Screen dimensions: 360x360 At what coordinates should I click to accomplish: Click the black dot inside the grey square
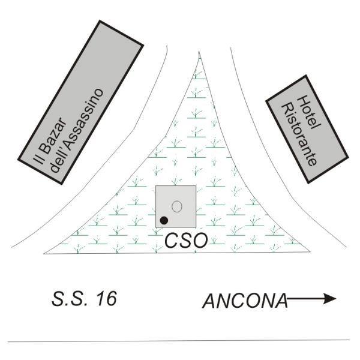click(164, 220)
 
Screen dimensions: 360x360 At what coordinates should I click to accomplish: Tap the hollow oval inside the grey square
click(177, 206)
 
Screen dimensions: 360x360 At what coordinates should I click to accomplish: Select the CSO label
click(186, 241)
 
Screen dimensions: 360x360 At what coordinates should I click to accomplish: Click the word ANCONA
click(245, 301)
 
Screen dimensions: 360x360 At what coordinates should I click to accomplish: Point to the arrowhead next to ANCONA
click(329, 299)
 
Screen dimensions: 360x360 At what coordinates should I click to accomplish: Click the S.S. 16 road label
click(84, 299)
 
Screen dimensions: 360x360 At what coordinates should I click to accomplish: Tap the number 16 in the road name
click(107, 299)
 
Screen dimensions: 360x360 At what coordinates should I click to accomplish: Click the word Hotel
click(308, 113)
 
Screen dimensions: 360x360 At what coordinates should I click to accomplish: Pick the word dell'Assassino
click(76, 130)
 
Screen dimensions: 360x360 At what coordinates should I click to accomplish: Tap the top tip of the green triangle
click(199, 52)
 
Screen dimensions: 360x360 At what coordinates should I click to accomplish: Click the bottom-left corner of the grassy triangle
click(44, 254)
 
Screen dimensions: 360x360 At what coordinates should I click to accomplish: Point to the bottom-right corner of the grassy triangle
click(310, 252)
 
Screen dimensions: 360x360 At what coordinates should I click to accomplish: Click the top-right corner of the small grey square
click(196, 186)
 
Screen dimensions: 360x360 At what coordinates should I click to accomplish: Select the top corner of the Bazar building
click(100, 21)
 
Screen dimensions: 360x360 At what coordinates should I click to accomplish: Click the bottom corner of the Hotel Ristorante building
click(308, 183)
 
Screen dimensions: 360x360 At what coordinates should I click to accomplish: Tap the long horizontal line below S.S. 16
click(179, 341)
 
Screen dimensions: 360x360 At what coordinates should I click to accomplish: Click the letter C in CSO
click(171, 241)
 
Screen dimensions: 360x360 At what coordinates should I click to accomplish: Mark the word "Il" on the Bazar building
click(38, 159)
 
